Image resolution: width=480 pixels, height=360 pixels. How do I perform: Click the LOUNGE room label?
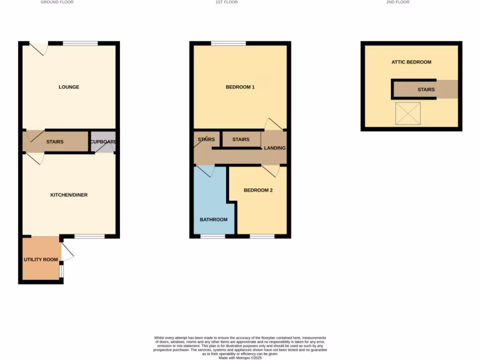click(69, 87)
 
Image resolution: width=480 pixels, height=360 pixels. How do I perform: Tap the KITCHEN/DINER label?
click(69, 195)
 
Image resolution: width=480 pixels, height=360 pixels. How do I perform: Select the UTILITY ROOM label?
click(41, 260)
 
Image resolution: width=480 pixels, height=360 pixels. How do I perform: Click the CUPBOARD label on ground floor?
click(103, 142)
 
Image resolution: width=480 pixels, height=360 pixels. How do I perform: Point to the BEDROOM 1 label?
click(240, 87)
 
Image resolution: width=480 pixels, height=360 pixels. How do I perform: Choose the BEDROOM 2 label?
click(258, 190)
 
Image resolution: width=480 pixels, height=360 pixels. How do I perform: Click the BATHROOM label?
click(214, 220)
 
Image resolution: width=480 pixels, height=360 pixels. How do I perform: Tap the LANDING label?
click(275, 148)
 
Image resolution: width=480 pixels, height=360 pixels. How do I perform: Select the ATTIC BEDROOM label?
click(412, 62)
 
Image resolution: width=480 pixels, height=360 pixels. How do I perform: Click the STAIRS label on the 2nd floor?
click(426, 90)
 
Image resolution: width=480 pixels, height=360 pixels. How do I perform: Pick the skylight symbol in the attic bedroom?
click(408, 113)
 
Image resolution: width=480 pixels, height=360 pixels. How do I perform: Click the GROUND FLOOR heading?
click(57, 2)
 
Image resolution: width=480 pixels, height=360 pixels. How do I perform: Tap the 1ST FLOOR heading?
click(226, 2)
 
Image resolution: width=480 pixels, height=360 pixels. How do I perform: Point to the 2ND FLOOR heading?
click(398, 2)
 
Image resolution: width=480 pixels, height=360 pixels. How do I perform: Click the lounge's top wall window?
click(80, 44)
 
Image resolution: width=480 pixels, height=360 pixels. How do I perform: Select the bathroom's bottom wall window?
click(213, 236)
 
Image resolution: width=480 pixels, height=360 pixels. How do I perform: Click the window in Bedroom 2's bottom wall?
click(262, 236)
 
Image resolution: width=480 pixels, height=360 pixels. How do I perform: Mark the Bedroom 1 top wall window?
click(228, 44)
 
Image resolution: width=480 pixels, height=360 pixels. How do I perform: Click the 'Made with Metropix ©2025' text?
click(240, 358)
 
